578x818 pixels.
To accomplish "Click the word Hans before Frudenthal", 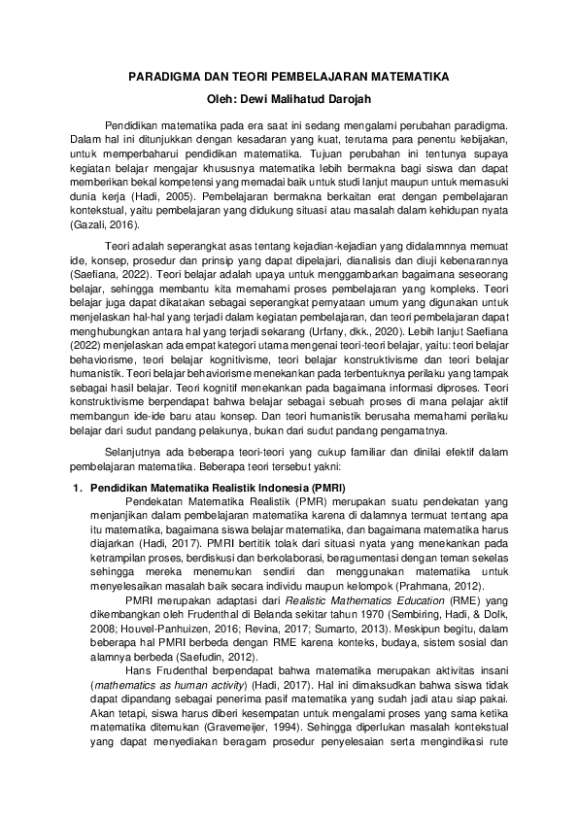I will click(141, 671).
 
